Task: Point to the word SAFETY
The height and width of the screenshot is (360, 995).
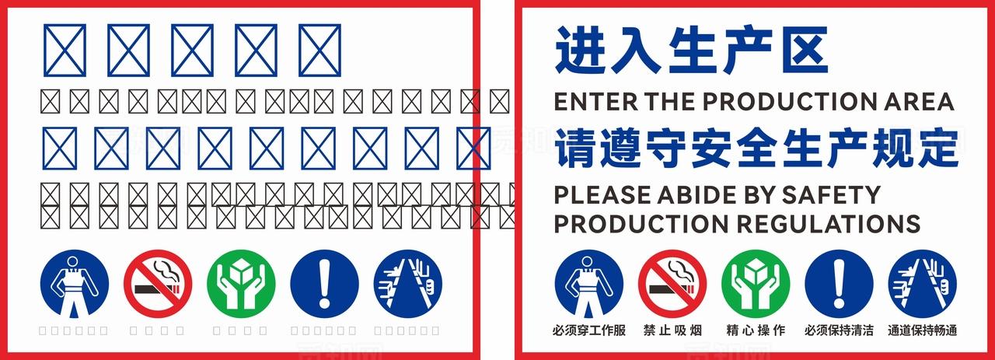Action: tap(831, 194)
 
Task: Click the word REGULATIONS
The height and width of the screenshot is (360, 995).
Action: tap(829, 224)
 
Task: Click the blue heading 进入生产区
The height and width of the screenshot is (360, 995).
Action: tap(690, 50)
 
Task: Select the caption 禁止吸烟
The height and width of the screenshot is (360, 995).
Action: tap(672, 330)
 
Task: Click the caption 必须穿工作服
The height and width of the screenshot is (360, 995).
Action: tap(588, 330)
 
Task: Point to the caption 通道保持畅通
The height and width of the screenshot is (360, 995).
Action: tap(923, 330)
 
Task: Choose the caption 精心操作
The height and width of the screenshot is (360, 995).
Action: tap(756, 330)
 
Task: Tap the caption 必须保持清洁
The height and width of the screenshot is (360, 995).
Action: tap(839, 330)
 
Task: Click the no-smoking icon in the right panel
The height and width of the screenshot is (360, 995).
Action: tap(672, 283)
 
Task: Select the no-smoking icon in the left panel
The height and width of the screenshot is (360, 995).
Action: tap(158, 283)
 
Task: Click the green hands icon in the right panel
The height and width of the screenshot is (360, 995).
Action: tap(756, 283)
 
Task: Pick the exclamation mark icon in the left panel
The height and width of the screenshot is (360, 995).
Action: tap(325, 283)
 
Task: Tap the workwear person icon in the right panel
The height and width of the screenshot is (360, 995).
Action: tap(588, 283)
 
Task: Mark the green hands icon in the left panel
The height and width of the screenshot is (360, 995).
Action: tap(241, 283)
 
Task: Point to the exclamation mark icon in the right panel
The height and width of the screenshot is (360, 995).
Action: tap(839, 283)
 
